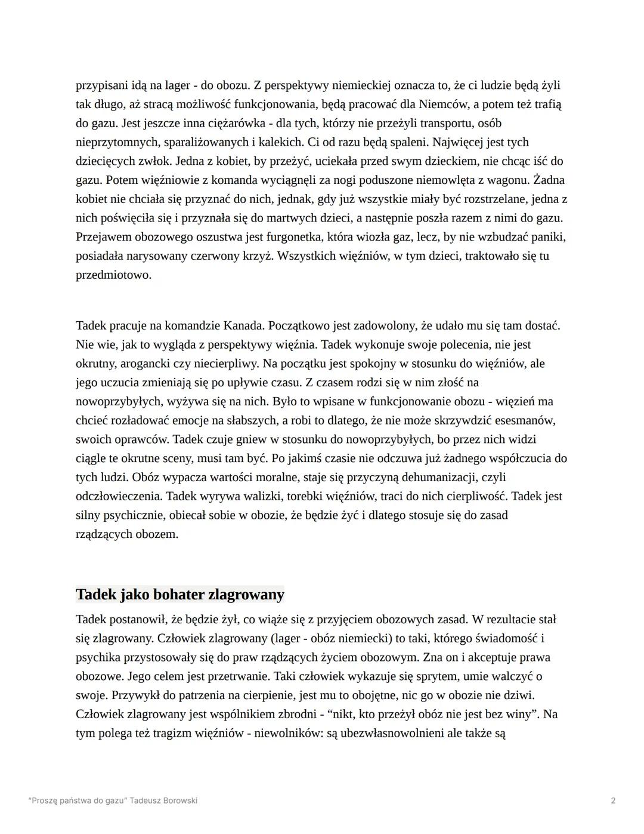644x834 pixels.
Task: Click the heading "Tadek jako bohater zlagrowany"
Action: pos(180,595)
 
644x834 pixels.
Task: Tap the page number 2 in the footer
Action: pos(613,801)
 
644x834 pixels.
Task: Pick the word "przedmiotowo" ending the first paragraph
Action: pos(113,275)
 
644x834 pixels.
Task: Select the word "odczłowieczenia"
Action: pos(118,497)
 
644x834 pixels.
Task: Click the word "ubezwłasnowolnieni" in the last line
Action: pos(392,733)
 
